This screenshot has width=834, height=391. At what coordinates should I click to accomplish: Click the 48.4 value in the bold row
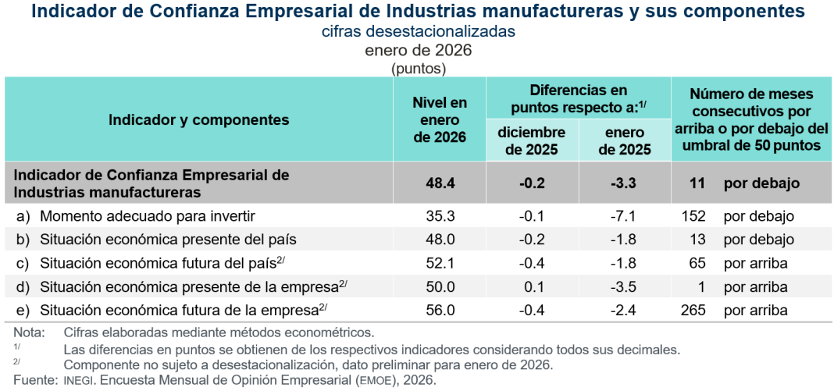click(x=440, y=183)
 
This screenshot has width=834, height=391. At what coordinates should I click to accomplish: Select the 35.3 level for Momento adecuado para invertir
click(x=440, y=215)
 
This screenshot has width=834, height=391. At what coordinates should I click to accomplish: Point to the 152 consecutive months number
click(x=693, y=215)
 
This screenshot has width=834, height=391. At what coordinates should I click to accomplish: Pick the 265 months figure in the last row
click(x=693, y=310)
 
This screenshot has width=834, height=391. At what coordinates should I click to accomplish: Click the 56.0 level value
click(x=440, y=310)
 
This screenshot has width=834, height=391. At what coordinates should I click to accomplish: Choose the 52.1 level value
click(x=440, y=263)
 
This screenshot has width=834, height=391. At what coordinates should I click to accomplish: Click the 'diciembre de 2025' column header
click(x=532, y=141)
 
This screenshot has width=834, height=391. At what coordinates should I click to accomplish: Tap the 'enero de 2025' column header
click(x=624, y=141)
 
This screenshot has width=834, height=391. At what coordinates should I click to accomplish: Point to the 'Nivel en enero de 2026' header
click(x=440, y=119)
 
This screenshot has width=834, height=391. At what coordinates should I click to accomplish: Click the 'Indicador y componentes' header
click(x=199, y=119)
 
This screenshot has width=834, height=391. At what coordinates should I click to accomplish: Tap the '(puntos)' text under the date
click(x=418, y=69)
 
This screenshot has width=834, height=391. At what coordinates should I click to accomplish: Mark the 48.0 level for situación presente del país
click(x=440, y=239)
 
